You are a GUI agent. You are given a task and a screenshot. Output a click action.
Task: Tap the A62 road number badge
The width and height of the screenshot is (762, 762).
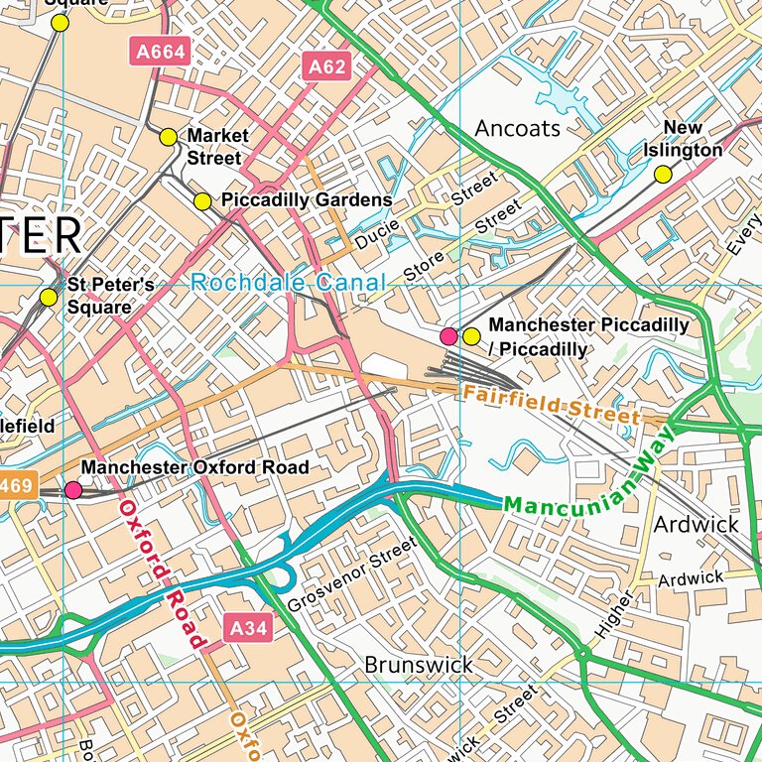pyautogui.click(x=325, y=67)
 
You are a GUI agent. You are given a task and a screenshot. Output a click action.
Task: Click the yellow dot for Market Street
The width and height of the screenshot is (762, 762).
pyautogui.click(x=168, y=137)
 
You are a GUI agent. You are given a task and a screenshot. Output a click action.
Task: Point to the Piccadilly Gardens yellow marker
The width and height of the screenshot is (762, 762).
pyautogui.click(x=202, y=201)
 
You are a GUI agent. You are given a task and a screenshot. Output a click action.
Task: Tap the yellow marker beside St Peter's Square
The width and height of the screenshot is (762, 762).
pyautogui.click(x=48, y=297)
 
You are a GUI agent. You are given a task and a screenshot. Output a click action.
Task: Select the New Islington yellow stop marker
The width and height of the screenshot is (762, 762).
pyautogui.click(x=662, y=175)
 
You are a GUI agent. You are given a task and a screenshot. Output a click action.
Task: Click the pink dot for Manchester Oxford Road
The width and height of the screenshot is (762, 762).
pyautogui.click(x=73, y=489)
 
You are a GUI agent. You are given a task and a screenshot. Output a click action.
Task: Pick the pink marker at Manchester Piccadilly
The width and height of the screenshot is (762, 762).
pyautogui.click(x=448, y=336)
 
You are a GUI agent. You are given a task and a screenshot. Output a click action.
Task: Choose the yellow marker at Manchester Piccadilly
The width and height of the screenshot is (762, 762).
pyautogui.click(x=471, y=336)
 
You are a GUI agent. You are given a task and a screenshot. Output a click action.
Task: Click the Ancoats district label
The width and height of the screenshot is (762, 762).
pyautogui.click(x=517, y=129)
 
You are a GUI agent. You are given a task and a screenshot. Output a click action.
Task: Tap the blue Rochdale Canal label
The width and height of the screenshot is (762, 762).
pyautogui.click(x=288, y=283)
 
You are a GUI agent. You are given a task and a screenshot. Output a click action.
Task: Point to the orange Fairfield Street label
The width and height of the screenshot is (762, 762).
pyautogui.click(x=551, y=405)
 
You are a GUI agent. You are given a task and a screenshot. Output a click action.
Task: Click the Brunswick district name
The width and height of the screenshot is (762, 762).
pyautogui.click(x=418, y=664)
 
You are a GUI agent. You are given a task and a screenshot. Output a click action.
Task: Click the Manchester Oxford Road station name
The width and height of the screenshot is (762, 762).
pyautogui.click(x=194, y=467)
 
